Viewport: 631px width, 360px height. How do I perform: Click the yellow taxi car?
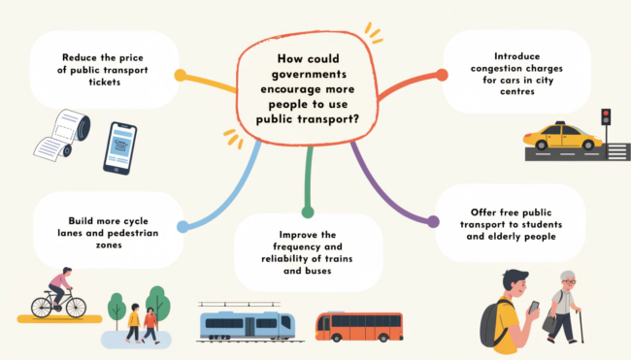pos(563,136)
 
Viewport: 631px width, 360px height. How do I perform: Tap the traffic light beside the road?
pos(606,117)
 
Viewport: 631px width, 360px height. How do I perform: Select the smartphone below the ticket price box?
pos(120,148)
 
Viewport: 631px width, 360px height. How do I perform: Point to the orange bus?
pos(359,326)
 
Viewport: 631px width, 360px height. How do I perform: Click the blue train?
pos(248,325)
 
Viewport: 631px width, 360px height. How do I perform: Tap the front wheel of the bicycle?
pos(76,308)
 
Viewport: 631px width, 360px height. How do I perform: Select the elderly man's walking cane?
pos(580,326)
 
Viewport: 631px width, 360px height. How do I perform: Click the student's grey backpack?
pos(493,323)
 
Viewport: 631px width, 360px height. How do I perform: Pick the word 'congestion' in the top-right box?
pos(491,68)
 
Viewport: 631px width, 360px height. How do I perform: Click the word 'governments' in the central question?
pos(309,75)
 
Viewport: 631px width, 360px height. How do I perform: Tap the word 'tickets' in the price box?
pos(105,82)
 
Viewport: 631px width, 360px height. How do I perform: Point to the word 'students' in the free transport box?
pos(543,224)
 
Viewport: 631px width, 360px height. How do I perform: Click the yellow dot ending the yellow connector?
pos(181,76)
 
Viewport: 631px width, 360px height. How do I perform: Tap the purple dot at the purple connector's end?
pos(433,221)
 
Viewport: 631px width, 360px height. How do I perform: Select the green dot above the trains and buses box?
pos(308,212)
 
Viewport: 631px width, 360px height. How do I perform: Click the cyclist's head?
pos(67,272)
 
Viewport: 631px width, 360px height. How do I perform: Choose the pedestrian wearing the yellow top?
pos(134,322)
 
